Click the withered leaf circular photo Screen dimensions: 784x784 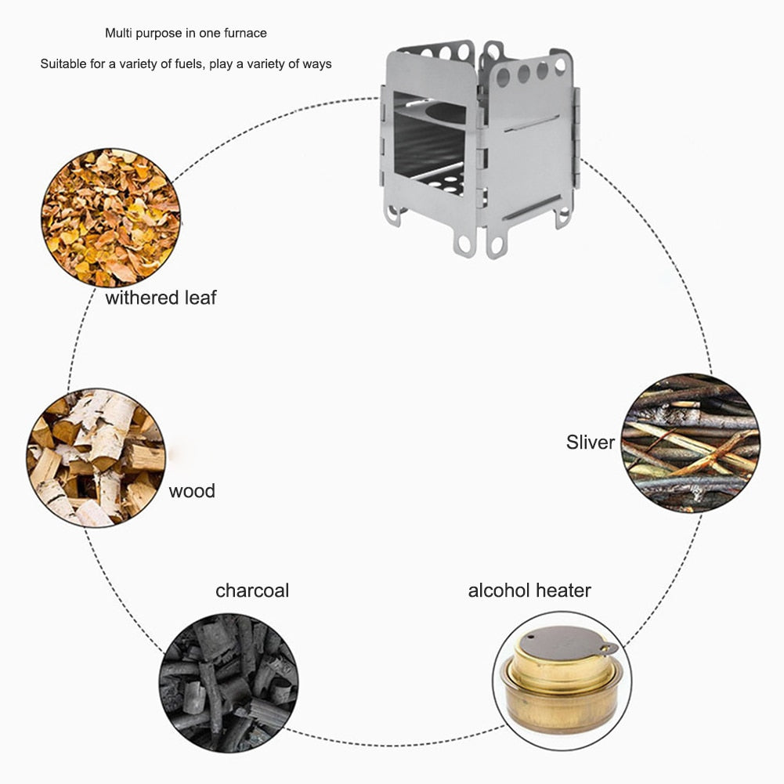click(x=110, y=218)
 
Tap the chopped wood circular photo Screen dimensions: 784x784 click(x=96, y=458)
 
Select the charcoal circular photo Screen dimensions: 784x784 click(x=228, y=683)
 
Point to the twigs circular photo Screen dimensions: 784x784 click(x=690, y=443)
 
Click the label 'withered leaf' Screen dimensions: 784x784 click(x=161, y=298)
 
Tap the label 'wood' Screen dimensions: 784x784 click(x=192, y=491)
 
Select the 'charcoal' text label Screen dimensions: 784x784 click(x=252, y=590)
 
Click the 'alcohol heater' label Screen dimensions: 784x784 click(x=529, y=590)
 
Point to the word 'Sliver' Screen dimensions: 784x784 click(x=591, y=443)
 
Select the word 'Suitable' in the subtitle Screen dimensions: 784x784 click(x=63, y=64)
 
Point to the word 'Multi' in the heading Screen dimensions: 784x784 click(x=117, y=33)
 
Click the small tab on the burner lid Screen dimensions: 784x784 click(x=609, y=648)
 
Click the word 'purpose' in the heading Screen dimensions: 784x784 click(x=157, y=33)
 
